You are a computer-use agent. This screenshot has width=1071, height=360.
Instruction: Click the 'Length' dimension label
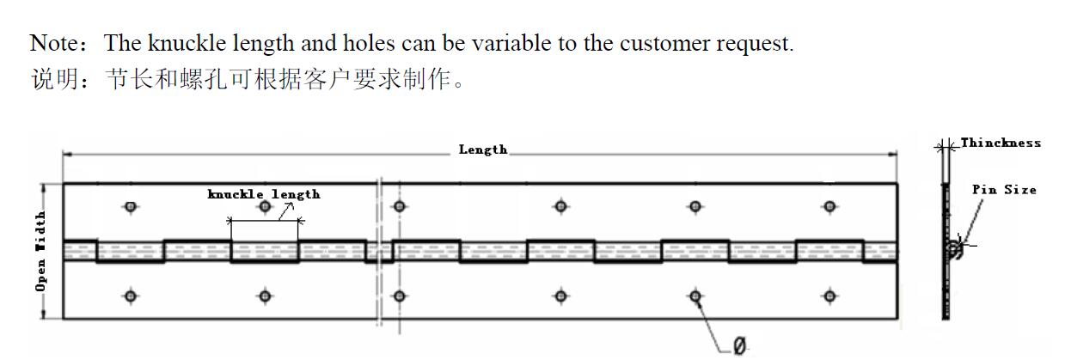(x=482, y=149)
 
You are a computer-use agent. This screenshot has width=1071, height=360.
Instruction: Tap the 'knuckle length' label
(x=264, y=194)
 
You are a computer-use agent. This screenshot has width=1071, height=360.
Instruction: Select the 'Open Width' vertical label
(x=40, y=250)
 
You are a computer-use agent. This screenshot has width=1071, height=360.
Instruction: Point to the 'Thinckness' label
(x=1001, y=143)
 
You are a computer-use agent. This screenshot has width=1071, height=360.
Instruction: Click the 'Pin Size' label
(x=1004, y=189)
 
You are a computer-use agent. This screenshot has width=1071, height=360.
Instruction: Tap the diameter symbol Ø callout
(x=739, y=346)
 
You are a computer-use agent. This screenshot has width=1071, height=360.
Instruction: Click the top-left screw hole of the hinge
(x=131, y=206)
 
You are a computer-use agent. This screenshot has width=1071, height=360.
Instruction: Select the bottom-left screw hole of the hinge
(x=131, y=296)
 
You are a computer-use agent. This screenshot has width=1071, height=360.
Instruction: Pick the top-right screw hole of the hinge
(x=829, y=206)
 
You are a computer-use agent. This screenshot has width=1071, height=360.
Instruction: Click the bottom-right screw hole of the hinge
(x=829, y=296)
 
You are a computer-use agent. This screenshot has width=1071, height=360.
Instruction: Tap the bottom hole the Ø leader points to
(x=695, y=296)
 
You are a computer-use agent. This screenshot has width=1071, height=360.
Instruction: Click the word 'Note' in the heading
(x=51, y=44)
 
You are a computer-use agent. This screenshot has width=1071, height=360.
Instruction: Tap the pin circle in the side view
(x=953, y=249)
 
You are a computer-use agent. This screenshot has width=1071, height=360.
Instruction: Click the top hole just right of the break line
(x=399, y=206)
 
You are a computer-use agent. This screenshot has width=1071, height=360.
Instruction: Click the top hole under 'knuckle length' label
(x=265, y=206)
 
